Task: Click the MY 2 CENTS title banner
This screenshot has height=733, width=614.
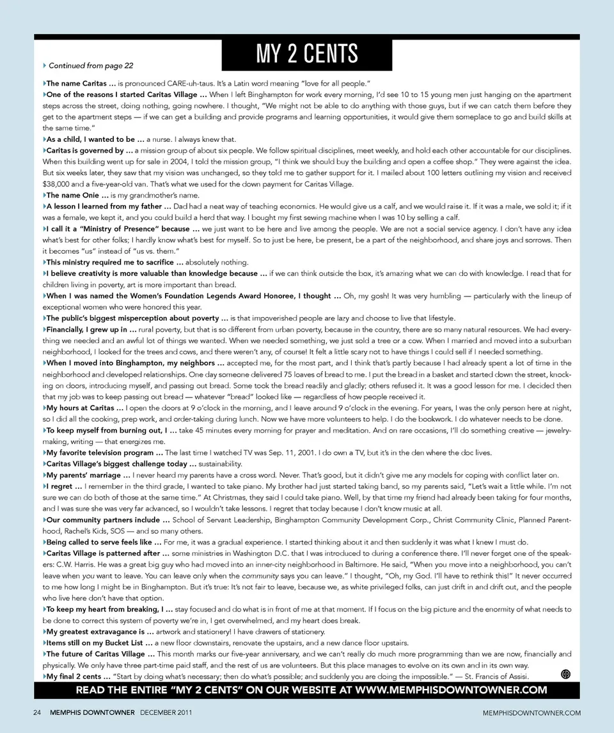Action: coord(306,54)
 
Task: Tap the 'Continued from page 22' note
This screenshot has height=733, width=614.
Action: coord(91,65)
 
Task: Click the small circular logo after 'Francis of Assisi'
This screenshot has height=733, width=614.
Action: coord(565,675)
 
